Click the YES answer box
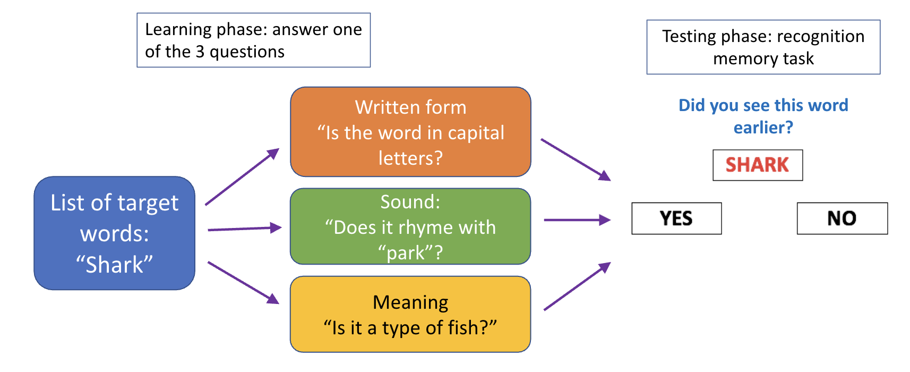(676, 218)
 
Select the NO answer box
(842, 218)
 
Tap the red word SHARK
(757, 165)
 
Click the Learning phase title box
(253, 40)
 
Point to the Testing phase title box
(763, 47)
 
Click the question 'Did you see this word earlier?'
(763, 116)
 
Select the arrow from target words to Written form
(242, 176)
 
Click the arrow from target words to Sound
(244, 229)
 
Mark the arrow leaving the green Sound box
(577, 219)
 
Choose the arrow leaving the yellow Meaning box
(577, 286)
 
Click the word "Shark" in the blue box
(114, 264)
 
